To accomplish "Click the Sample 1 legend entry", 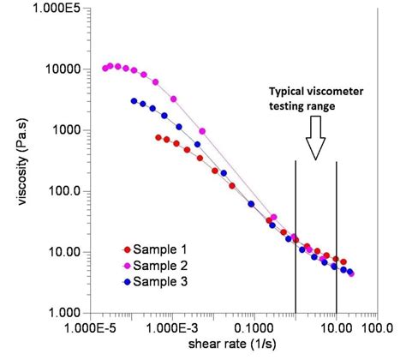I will pos(150,249).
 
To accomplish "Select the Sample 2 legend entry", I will pos(150,265).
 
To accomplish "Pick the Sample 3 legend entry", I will pos(150,280).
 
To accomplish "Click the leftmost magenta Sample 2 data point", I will pos(106,68).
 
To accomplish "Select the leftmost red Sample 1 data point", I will pos(158,137).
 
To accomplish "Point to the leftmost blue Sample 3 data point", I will pos(134,101).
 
